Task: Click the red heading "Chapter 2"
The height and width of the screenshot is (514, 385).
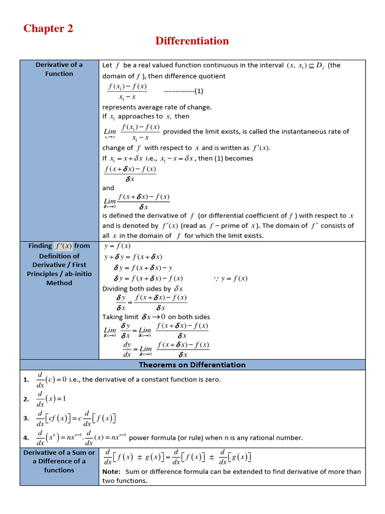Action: point(48,29)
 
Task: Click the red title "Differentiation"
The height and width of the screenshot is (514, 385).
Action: point(192,41)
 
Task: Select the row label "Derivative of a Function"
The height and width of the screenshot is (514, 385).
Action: point(59,69)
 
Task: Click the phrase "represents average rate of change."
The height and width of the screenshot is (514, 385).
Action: point(157,107)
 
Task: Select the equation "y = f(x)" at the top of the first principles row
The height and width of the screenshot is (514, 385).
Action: point(117,246)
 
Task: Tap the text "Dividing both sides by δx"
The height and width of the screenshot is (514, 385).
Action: point(143,289)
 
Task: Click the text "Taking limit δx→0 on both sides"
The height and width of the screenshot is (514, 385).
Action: point(156,317)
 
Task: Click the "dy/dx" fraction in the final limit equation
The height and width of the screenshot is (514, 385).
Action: point(127,349)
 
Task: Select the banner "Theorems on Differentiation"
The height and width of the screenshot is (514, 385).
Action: point(192,365)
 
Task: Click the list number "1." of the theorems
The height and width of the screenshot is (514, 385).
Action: point(26,380)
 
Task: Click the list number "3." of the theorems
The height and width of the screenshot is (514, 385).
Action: point(26,418)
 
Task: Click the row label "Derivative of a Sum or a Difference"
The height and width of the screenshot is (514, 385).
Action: point(59,461)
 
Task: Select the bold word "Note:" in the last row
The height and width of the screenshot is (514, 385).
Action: point(111,472)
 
